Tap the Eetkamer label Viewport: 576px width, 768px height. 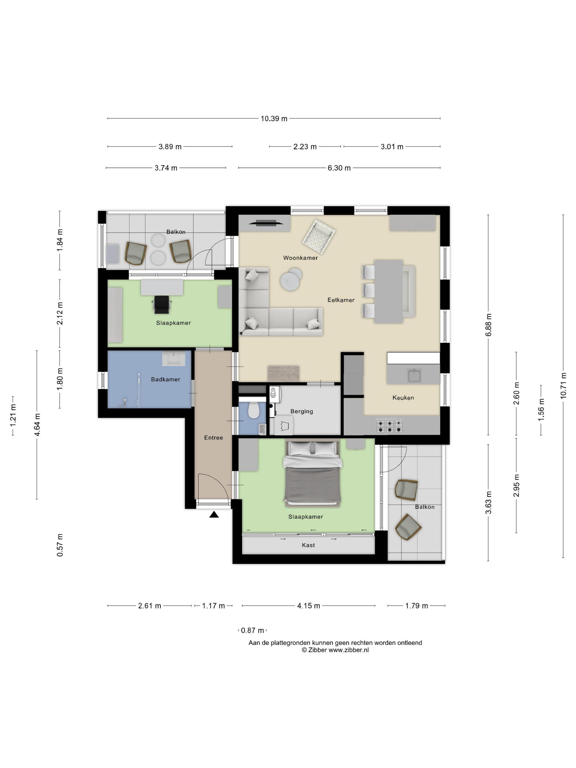[341, 300]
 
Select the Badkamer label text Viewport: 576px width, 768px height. [166, 380]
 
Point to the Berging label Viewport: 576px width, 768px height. [302, 411]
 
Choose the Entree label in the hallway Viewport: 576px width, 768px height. [213, 438]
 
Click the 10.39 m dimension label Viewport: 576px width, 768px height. [274, 118]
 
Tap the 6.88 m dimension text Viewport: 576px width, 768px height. [489, 325]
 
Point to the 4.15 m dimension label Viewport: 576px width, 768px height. [308, 606]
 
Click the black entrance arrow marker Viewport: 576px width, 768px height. [214, 515]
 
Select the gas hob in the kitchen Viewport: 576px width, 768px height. [389, 426]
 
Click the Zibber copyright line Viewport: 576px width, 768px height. [335, 650]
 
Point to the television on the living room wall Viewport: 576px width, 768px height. [266, 223]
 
